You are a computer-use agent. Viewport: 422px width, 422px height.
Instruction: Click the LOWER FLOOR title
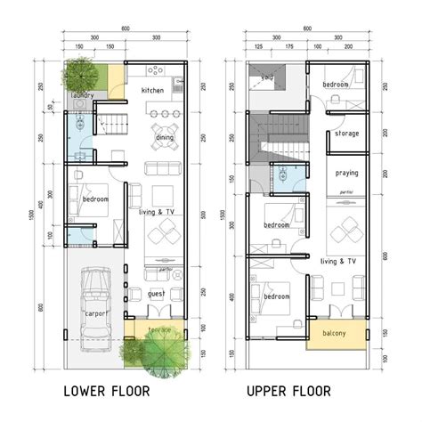point(107,391)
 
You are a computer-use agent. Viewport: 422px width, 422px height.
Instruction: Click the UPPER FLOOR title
point(288,391)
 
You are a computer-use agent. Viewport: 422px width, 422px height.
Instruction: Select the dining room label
point(164,138)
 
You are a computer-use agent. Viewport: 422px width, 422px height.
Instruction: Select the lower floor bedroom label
point(94,200)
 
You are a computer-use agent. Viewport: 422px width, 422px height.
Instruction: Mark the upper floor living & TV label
point(338,261)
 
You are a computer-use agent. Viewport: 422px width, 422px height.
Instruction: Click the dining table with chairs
point(163,113)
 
